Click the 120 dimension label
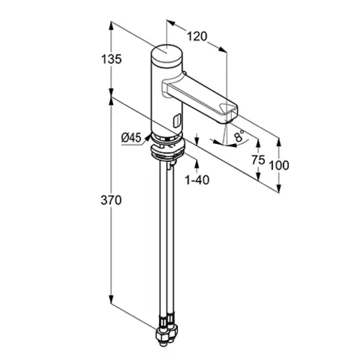click(x=197, y=37)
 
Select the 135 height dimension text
click(x=112, y=59)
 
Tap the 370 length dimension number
click(x=111, y=200)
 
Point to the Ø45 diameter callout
click(x=131, y=138)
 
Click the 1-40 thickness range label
click(x=197, y=180)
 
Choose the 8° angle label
click(x=240, y=136)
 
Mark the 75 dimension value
click(x=258, y=160)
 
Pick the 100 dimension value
click(x=279, y=166)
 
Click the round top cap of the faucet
click(x=166, y=54)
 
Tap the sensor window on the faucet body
click(x=177, y=120)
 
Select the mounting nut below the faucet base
click(x=167, y=152)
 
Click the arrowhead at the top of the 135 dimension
click(x=111, y=26)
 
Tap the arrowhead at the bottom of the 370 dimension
click(x=111, y=300)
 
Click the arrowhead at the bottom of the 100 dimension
click(x=279, y=188)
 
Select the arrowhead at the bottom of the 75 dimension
click(x=258, y=176)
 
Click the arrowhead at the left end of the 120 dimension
click(x=171, y=22)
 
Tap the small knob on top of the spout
click(x=184, y=73)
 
